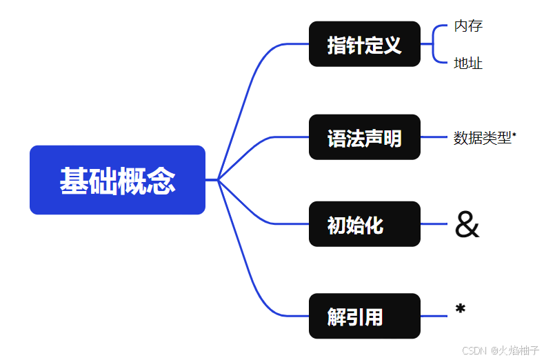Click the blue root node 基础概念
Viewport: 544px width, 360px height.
[x=117, y=180]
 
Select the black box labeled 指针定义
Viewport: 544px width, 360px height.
[x=364, y=44]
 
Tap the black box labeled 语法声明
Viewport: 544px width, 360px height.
[x=364, y=137]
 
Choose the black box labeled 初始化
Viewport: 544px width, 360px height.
[x=364, y=224]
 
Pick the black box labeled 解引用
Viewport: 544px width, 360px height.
[x=364, y=316]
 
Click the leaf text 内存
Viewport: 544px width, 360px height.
[x=468, y=26]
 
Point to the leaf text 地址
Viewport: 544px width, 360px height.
[x=468, y=63]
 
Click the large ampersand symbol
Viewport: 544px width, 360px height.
[x=467, y=226]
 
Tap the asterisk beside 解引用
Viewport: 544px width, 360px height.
[x=461, y=310]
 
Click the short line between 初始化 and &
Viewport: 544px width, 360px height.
[x=434, y=224]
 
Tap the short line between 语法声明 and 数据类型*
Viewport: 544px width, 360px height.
[x=434, y=137]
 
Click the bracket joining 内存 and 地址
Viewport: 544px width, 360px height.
[x=434, y=44]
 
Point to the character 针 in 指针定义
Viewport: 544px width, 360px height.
[x=355, y=46]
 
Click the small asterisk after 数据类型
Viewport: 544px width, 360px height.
[x=514, y=134]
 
